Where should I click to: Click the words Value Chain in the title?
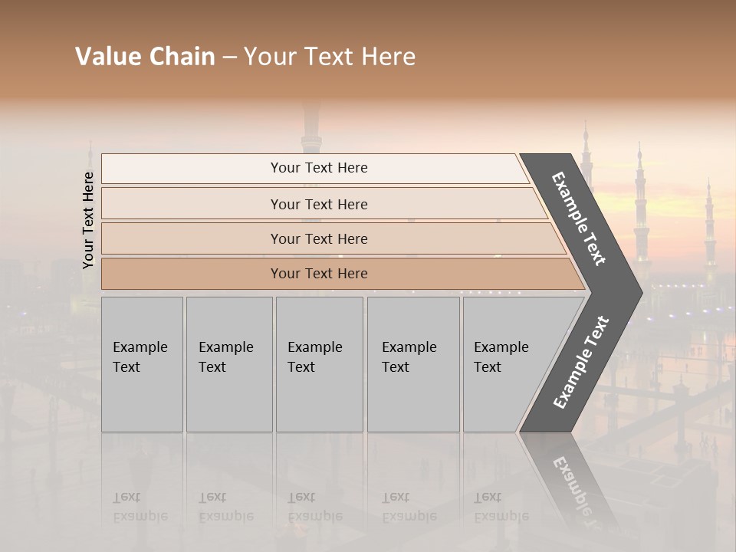point(145,57)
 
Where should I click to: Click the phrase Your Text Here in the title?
point(330,57)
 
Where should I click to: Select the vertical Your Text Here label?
point(88,220)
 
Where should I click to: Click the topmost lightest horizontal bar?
point(319,168)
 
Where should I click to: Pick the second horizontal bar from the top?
point(319,204)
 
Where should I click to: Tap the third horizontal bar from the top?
point(319,238)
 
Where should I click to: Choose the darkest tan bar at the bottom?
point(319,274)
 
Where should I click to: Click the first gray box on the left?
point(142,364)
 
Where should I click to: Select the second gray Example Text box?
point(228,364)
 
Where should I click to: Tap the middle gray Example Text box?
point(319,364)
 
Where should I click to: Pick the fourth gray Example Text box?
point(413,364)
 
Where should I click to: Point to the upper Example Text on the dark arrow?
point(579,219)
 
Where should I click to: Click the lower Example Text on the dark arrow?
point(580,363)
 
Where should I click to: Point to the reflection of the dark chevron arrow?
point(571,483)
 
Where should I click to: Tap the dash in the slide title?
point(229,58)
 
